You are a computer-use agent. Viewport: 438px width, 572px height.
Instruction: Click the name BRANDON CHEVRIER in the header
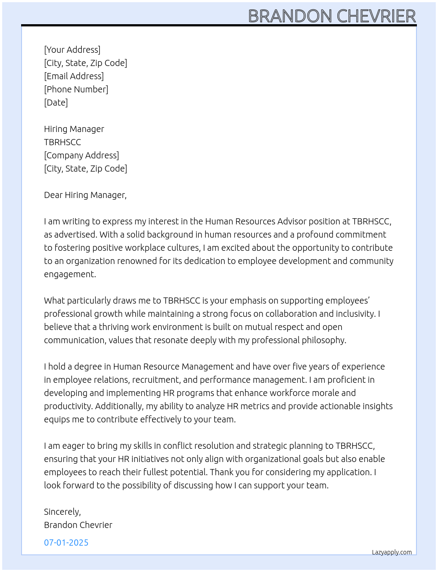332,16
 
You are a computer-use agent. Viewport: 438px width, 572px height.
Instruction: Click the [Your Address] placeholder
72,50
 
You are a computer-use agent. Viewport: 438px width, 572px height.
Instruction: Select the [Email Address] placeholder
74,76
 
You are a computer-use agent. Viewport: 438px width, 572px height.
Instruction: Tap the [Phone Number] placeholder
76,89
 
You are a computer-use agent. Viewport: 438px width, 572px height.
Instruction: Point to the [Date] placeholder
56,103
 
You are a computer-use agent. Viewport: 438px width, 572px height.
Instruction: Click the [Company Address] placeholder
81,155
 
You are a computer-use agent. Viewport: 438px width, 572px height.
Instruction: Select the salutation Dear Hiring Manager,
85,195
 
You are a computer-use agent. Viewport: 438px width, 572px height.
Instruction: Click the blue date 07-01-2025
66,543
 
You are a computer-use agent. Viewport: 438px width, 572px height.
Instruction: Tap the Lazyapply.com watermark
392,552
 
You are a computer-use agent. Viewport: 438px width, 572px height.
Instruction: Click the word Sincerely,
62,512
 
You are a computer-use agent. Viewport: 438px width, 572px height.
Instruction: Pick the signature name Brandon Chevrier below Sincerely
78,525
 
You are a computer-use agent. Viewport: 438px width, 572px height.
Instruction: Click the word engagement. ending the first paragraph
70,274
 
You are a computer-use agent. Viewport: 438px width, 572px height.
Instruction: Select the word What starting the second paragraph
54,301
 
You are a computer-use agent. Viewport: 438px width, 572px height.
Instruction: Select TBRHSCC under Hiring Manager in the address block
62,142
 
